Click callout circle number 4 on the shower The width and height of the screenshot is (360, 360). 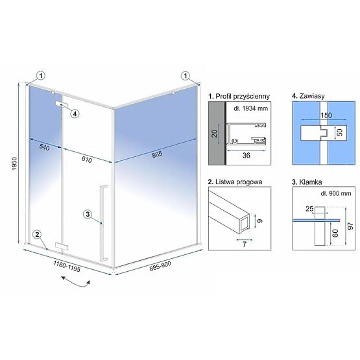coord(75,114)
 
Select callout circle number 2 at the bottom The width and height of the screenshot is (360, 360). coord(38,234)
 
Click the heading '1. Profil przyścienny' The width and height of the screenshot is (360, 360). coord(237,95)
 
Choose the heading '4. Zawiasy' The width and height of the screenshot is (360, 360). coord(308,95)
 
